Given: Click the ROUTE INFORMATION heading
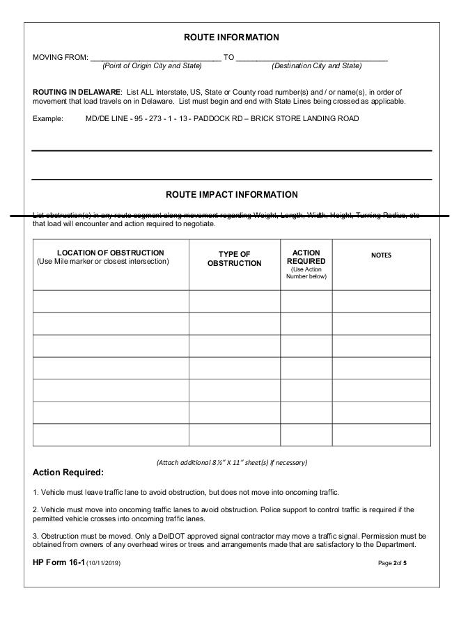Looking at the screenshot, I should click(x=231, y=38).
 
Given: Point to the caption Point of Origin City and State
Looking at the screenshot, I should click(x=152, y=66).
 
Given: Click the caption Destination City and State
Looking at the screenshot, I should click(x=316, y=66).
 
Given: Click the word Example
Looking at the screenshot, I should click(x=47, y=119).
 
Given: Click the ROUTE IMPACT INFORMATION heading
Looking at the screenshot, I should click(x=231, y=195).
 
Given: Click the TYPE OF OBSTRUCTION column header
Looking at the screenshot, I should click(x=234, y=259).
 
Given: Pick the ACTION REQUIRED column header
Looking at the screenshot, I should click(x=306, y=257).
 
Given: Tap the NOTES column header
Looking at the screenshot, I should click(x=381, y=255).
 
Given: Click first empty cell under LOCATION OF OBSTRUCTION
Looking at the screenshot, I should click(x=111, y=301).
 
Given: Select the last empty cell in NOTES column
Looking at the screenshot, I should click(x=381, y=434).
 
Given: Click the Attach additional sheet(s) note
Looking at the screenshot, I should click(x=231, y=462).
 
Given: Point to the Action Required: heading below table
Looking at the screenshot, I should click(x=68, y=473).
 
